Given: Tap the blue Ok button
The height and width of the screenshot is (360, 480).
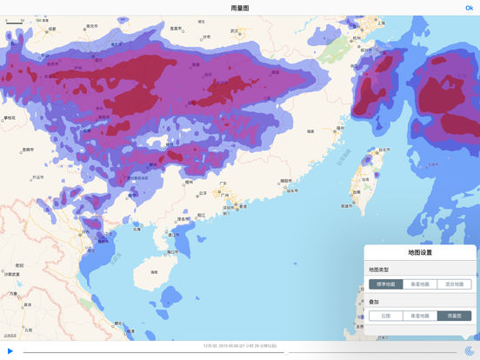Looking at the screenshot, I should [470, 8].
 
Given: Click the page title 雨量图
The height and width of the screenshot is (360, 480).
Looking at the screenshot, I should [240, 8].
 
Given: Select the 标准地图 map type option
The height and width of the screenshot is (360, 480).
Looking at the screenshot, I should [385, 283].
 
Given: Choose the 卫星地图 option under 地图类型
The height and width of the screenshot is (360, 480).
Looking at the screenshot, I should [420, 283].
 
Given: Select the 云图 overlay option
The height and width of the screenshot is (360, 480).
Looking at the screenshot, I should [385, 317].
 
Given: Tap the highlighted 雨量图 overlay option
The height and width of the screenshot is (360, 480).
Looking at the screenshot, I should [454, 317].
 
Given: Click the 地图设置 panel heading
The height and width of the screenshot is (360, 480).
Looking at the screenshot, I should [420, 253].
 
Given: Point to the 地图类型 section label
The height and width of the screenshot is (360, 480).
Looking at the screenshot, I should [380, 270].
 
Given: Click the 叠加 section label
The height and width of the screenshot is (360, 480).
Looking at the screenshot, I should [374, 302].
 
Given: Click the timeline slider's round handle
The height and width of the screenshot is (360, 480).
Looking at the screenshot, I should [286, 352].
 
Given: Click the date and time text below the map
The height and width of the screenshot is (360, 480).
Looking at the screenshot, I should [240, 345].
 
